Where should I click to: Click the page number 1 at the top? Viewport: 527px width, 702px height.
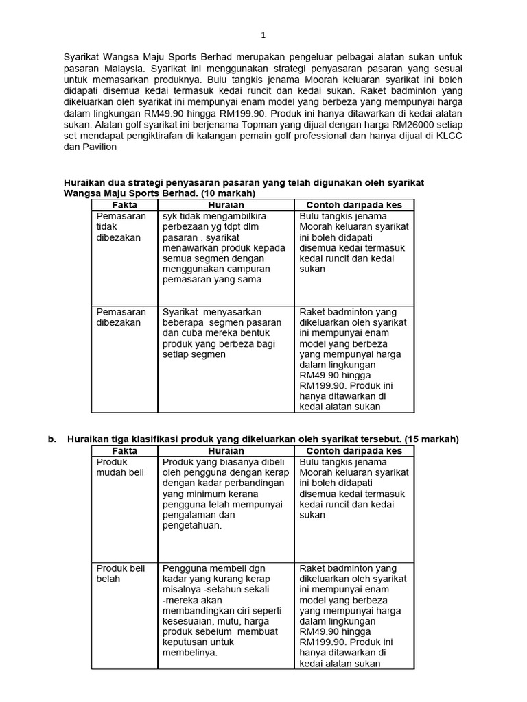[x=263, y=35]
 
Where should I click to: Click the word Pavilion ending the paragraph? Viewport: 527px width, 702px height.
[x=100, y=146]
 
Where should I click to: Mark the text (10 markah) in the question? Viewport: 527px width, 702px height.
[x=226, y=194]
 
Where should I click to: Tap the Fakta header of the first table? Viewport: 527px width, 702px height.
[x=124, y=205]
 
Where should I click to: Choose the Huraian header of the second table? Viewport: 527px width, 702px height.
[x=226, y=451]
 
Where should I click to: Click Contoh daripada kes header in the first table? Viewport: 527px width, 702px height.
[x=354, y=205]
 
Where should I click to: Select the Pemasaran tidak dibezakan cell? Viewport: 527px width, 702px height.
[x=121, y=227]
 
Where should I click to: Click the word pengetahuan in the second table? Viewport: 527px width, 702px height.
[x=192, y=526]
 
